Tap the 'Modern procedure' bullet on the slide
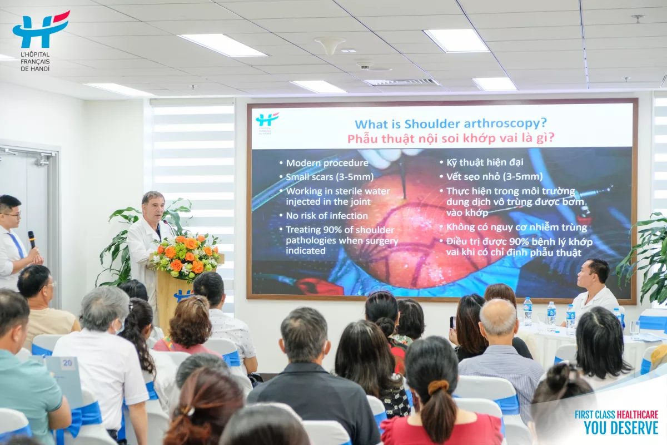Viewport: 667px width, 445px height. [327, 163]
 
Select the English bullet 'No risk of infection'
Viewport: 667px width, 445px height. [327, 215]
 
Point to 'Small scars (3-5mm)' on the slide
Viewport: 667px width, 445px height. [330, 177]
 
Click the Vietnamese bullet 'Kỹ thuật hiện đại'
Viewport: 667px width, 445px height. [485, 162]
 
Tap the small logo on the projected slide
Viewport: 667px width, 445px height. [267, 123]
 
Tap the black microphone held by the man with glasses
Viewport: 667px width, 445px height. [32, 239]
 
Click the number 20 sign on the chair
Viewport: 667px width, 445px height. [67, 363]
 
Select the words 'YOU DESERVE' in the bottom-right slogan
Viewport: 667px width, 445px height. [621, 428]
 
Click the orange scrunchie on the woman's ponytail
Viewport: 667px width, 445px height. [438, 387]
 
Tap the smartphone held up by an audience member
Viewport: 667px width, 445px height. [453, 323]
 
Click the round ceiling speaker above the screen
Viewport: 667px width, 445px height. [330, 44]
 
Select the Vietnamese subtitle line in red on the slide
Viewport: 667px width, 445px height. [451, 139]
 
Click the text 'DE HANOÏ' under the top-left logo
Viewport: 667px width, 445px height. [35, 68]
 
